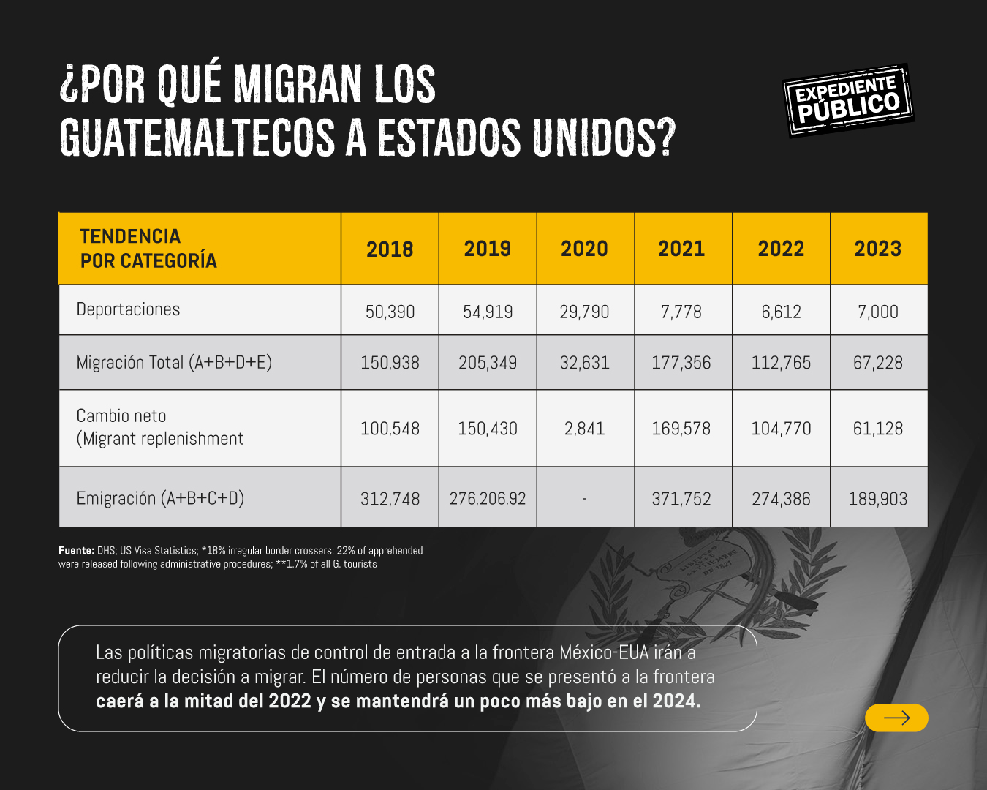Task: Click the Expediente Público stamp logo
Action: (848, 100)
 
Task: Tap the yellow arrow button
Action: (896, 718)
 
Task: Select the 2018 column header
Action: (390, 249)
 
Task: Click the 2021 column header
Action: (681, 249)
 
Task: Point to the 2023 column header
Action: (878, 249)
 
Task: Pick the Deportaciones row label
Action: (128, 309)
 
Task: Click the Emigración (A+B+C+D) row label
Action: (160, 498)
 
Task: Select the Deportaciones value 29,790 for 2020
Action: (584, 312)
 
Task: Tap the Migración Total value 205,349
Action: (488, 363)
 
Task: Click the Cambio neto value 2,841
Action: (584, 429)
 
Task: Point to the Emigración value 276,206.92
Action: (488, 499)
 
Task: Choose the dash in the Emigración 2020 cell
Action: (584, 499)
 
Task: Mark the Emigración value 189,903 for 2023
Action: (878, 499)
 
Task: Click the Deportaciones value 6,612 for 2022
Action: (781, 312)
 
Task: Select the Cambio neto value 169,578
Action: (681, 429)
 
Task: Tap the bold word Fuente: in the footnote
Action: (76, 551)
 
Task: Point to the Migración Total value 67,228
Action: (878, 363)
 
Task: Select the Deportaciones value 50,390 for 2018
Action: (390, 312)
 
